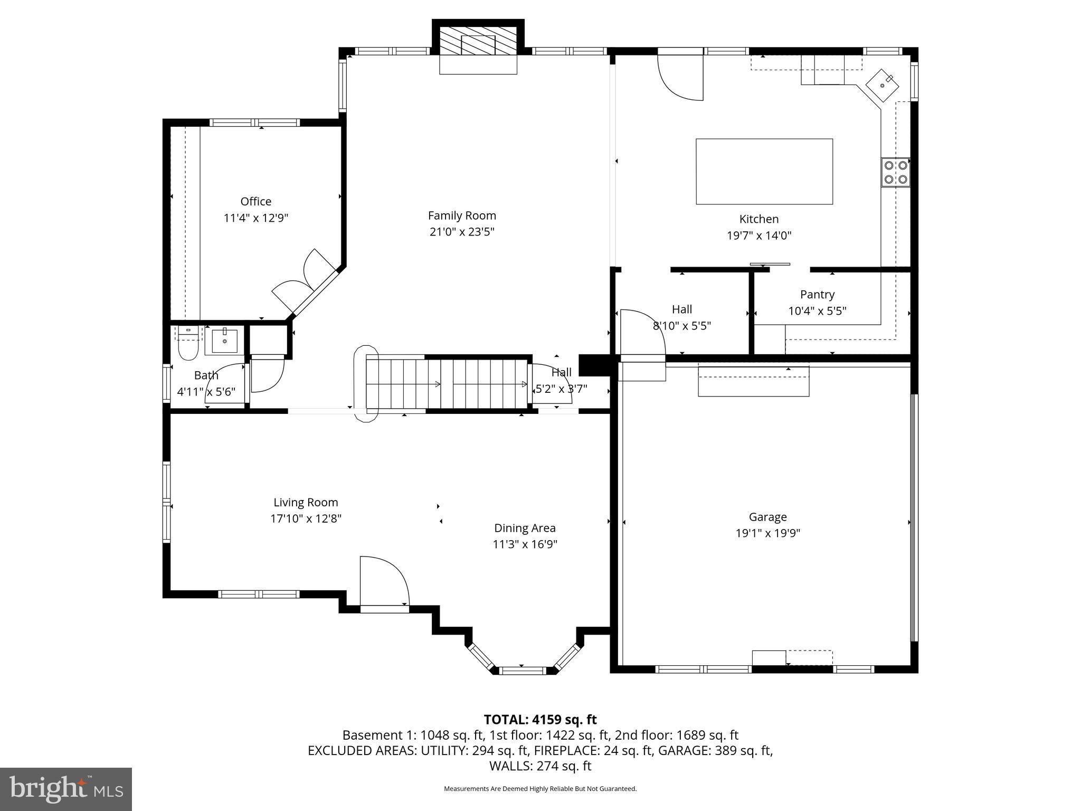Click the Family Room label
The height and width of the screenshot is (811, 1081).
pyautogui.click(x=462, y=215)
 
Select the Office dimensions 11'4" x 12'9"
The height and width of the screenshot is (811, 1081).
pyautogui.click(x=256, y=218)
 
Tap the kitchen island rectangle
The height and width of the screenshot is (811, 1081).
pyautogui.click(x=764, y=171)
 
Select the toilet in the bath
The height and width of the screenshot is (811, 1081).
pyautogui.click(x=187, y=344)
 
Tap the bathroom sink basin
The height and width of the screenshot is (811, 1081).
pyautogui.click(x=225, y=341)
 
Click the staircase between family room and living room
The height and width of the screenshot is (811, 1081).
pyautogui.click(x=449, y=384)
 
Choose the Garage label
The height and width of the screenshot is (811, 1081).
pyautogui.click(x=767, y=517)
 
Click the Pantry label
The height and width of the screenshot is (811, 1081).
pyautogui.click(x=817, y=295)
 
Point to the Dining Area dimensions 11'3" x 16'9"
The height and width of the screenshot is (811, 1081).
pyautogui.click(x=525, y=544)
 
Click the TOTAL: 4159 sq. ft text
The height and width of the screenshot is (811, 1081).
pyautogui.click(x=540, y=720)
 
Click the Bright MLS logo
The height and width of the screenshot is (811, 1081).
pyautogui.click(x=66, y=789)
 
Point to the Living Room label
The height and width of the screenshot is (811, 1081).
pyautogui.click(x=306, y=503)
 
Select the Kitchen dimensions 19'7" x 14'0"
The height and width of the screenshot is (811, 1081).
pyautogui.click(x=759, y=235)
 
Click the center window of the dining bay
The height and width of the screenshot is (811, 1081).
pyautogui.click(x=521, y=671)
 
